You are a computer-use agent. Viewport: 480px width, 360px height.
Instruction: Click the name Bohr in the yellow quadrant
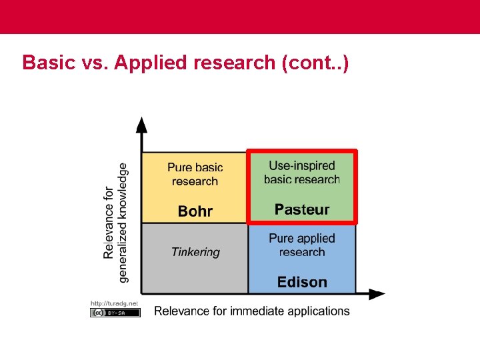pos(195,211)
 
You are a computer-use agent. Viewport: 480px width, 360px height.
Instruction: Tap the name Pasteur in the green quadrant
pos(302,209)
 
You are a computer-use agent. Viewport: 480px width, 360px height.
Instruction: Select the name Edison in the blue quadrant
pos(302,282)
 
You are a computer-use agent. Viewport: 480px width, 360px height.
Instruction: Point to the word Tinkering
pos(195,252)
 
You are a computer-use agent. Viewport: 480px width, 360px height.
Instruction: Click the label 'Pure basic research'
pos(195,174)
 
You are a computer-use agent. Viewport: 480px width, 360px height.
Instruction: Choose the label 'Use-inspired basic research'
pos(302,172)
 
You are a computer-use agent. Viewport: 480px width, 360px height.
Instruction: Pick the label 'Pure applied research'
pos(302,245)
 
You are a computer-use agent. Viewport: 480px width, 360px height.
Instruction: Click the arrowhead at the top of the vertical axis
pos(141,124)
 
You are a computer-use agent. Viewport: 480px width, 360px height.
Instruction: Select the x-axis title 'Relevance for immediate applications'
pos(252,311)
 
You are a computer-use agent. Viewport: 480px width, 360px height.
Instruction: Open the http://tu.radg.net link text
pos(115,303)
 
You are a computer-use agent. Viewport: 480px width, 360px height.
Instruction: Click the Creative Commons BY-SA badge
pos(115,312)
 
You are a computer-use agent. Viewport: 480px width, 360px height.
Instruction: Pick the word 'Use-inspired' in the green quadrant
pos(302,165)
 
